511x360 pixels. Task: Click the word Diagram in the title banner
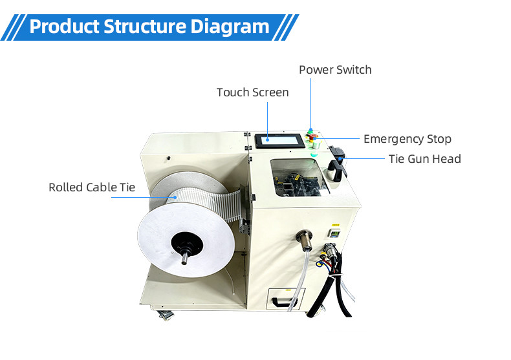[x=230, y=26]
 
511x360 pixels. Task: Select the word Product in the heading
[x=64, y=26]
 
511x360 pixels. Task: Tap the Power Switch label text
[x=335, y=70]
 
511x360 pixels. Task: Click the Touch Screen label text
[x=252, y=92]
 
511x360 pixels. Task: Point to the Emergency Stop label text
[x=408, y=139]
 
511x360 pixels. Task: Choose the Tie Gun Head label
[x=424, y=159]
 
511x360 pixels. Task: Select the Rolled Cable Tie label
[x=92, y=187]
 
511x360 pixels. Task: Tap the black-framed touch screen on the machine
[x=279, y=141]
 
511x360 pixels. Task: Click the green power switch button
[x=310, y=131]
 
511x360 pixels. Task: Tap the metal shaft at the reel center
[x=184, y=257]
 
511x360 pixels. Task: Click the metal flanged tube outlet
[x=305, y=239]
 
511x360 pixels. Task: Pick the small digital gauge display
[x=334, y=233]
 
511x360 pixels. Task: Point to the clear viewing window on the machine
[x=299, y=178]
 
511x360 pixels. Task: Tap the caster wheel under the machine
[x=165, y=315]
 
